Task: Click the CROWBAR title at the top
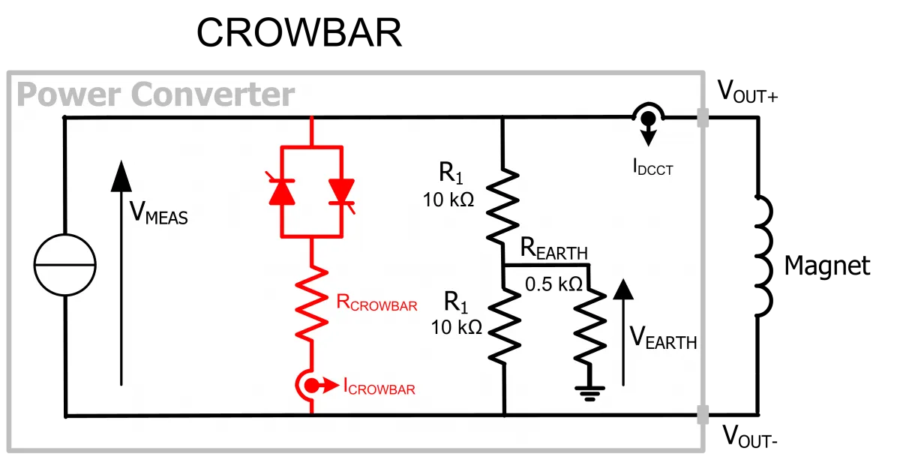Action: click(x=299, y=32)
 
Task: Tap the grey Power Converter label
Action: click(x=156, y=95)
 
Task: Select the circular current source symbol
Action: click(x=64, y=265)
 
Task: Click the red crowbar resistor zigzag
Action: click(x=311, y=304)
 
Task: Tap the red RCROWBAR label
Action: click(x=376, y=302)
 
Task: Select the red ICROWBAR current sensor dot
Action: click(x=311, y=386)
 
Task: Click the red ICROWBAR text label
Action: click(x=379, y=386)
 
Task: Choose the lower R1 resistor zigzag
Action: click(x=504, y=326)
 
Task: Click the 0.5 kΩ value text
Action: click(x=553, y=284)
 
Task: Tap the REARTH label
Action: click(x=553, y=248)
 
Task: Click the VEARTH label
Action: click(x=663, y=337)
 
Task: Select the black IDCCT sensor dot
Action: click(x=648, y=119)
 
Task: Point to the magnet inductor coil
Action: click(x=763, y=256)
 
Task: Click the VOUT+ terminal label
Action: click(x=747, y=92)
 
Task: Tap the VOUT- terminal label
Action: click(x=750, y=436)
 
